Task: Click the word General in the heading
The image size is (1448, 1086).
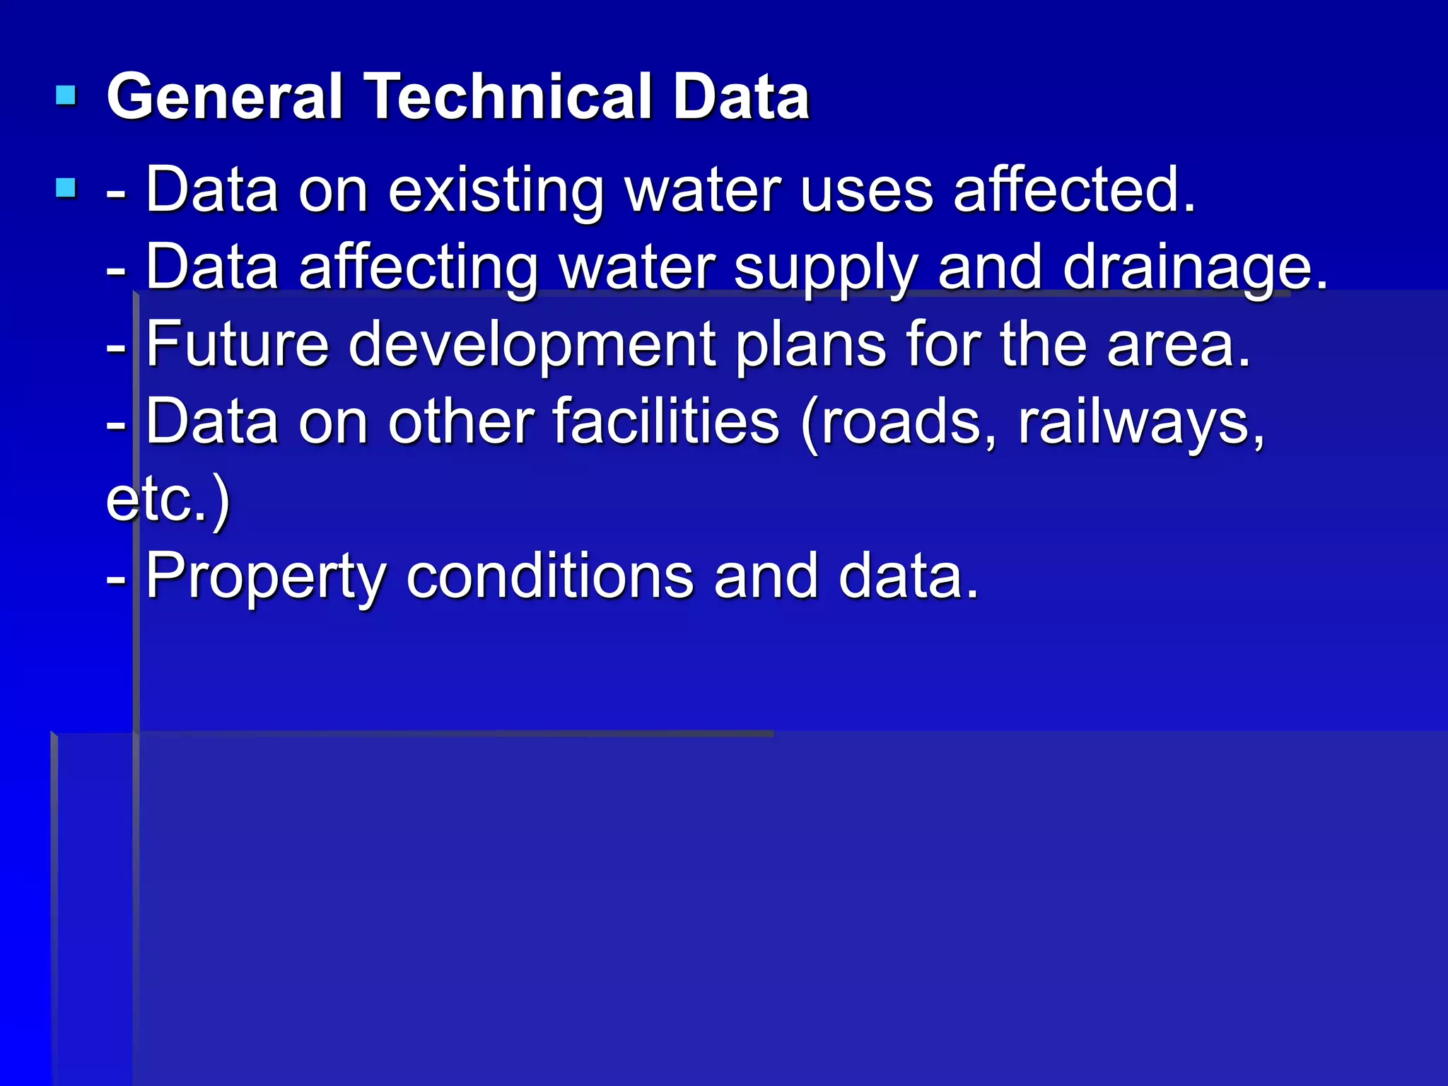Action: point(225,97)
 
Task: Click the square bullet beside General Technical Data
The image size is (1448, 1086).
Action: point(66,95)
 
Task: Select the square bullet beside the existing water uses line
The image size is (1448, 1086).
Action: point(66,188)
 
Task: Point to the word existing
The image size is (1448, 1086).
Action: point(495,191)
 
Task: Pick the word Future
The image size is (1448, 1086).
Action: point(238,344)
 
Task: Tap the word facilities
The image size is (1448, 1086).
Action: point(665,422)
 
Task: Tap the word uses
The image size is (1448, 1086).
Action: point(867,191)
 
